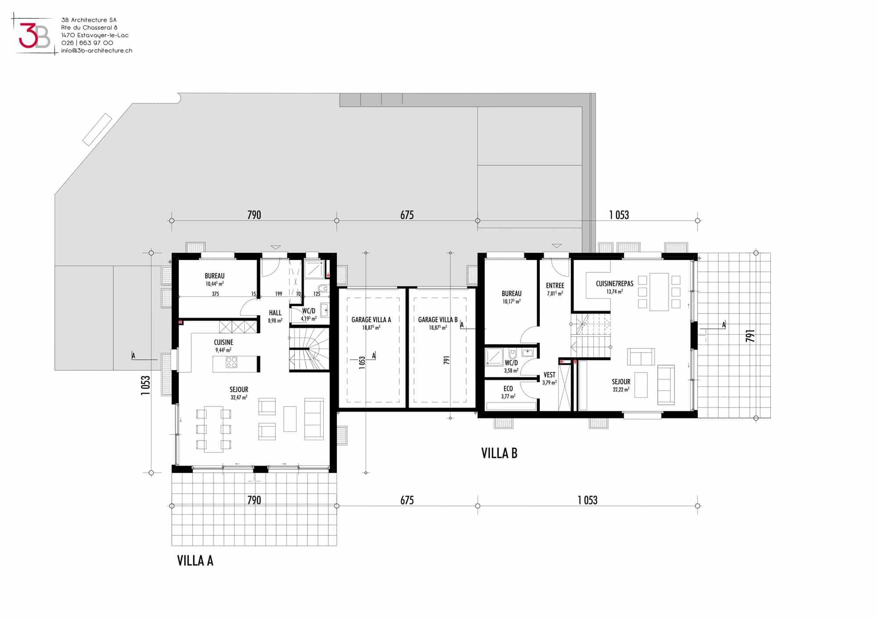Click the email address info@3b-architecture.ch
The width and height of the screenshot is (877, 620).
point(96,50)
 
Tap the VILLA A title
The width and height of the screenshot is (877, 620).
point(195,561)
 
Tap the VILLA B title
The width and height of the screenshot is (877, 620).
point(499,453)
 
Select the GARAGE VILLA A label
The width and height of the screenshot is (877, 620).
point(371,320)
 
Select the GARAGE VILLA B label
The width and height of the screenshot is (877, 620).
point(438,320)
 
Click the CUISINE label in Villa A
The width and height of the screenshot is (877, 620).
point(224,342)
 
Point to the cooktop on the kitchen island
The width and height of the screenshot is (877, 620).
point(232,362)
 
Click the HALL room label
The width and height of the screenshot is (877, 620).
point(275,313)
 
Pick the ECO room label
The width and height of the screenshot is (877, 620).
point(508,388)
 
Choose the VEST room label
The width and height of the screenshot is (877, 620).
point(549,375)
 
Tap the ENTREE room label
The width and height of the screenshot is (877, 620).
point(555,285)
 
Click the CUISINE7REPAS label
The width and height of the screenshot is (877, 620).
point(614,284)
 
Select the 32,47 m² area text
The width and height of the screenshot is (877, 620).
point(239,398)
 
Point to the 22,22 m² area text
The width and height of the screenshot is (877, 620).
point(621,389)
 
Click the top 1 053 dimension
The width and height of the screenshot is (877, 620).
point(619,215)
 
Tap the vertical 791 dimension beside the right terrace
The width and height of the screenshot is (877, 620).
point(750,336)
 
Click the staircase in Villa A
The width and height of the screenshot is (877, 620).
point(309,349)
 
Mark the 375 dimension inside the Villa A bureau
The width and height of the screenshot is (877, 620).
point(215,294)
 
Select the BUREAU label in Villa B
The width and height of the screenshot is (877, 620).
point(512,293)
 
